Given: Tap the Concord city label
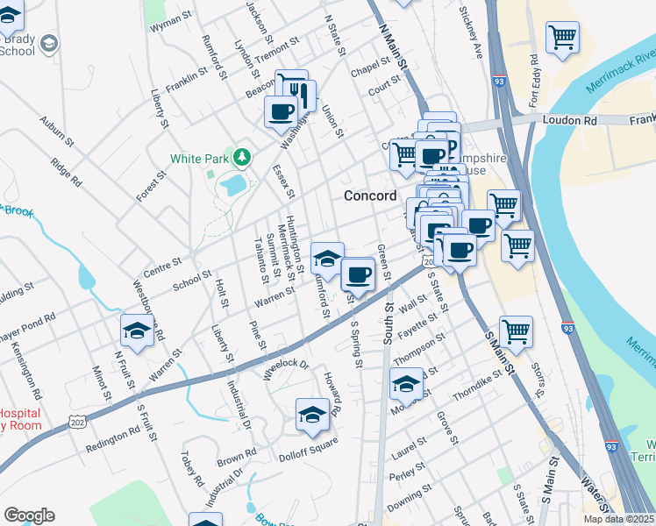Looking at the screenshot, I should (369, 195).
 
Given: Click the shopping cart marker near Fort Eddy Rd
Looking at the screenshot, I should (562, 38).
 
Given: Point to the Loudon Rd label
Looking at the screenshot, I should (569, 119).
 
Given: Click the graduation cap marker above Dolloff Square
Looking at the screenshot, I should (312, 416).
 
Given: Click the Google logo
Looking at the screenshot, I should (29, 515).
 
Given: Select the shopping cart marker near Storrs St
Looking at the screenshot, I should (516, 331).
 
